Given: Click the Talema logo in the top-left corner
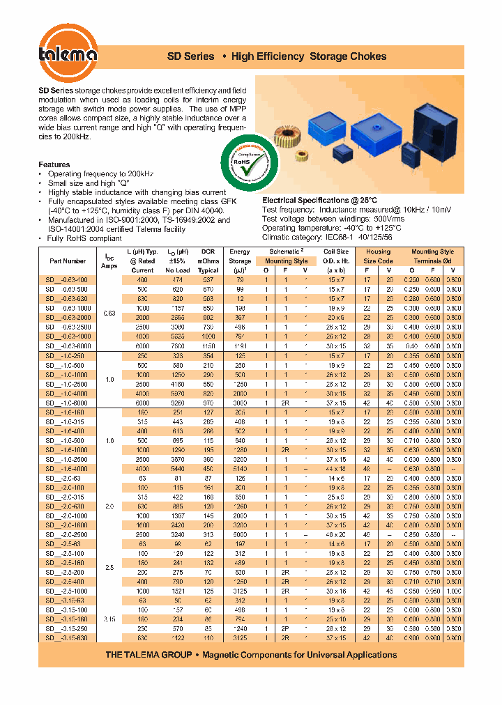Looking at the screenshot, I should pyautogui.click(x=67, y=54).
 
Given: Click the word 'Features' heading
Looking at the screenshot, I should pyautogui.click(x=54, y=164).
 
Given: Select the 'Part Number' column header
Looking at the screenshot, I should pyautogui.click(x=68, y=261).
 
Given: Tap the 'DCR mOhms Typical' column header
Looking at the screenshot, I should pyautogui.click(x=207, y=261).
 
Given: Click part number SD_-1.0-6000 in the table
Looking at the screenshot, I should pyautogui.click(x=67, y=403).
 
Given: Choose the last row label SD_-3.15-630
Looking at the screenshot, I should pyautogui.click(x=67, y=637).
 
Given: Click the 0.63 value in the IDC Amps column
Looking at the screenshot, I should pyautogui.click(x=109, y=313).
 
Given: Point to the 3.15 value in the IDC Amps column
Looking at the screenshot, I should pyautogui.click(x=109, y=618).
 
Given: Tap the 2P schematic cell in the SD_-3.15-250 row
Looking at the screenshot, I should pyautogui.click(x=284, y=628).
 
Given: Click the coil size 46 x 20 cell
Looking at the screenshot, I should pyautogui.click(x=336, y=534).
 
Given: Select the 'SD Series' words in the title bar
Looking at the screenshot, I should pyautogui.click(x=190, y=56).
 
